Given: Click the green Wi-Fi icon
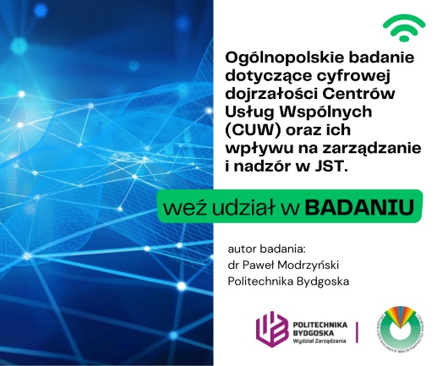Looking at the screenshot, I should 403,30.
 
